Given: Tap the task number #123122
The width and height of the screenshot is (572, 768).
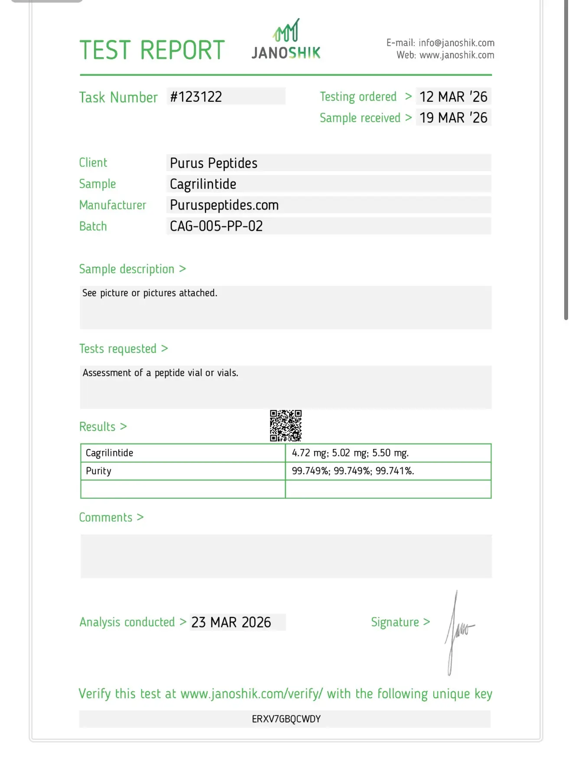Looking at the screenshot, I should (x=196, y=97).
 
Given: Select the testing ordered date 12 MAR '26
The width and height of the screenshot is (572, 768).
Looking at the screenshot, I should (x=453, y=97).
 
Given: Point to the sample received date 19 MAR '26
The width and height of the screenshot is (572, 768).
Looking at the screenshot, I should (x=453, y=118).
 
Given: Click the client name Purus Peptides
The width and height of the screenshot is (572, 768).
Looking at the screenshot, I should (x=214, y=163).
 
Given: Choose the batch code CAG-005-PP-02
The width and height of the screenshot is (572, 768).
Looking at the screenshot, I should (x=216, y=226).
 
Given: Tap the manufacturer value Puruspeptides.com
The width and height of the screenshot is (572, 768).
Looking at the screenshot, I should (x=224, y=205).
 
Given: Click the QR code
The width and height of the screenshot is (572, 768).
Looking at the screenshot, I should (x=286, y=425).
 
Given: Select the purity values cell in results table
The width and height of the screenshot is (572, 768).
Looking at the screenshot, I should (x=353, y=471).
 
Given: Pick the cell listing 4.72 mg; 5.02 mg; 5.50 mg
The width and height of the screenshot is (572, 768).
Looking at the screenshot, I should (x=350, y=453).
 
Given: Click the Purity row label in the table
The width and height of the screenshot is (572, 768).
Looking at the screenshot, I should (x=99, y=471).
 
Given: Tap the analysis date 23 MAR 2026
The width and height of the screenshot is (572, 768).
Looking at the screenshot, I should (x=231, y=622).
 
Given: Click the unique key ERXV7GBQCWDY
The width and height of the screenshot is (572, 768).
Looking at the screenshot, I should (x=286, y=719).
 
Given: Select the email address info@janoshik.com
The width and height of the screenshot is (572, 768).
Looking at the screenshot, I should (x=456, y=43).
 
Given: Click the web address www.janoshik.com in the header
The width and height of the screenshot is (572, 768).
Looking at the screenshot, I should (x=457, y=55).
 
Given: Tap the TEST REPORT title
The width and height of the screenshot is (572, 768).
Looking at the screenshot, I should (x=152, y=50).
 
